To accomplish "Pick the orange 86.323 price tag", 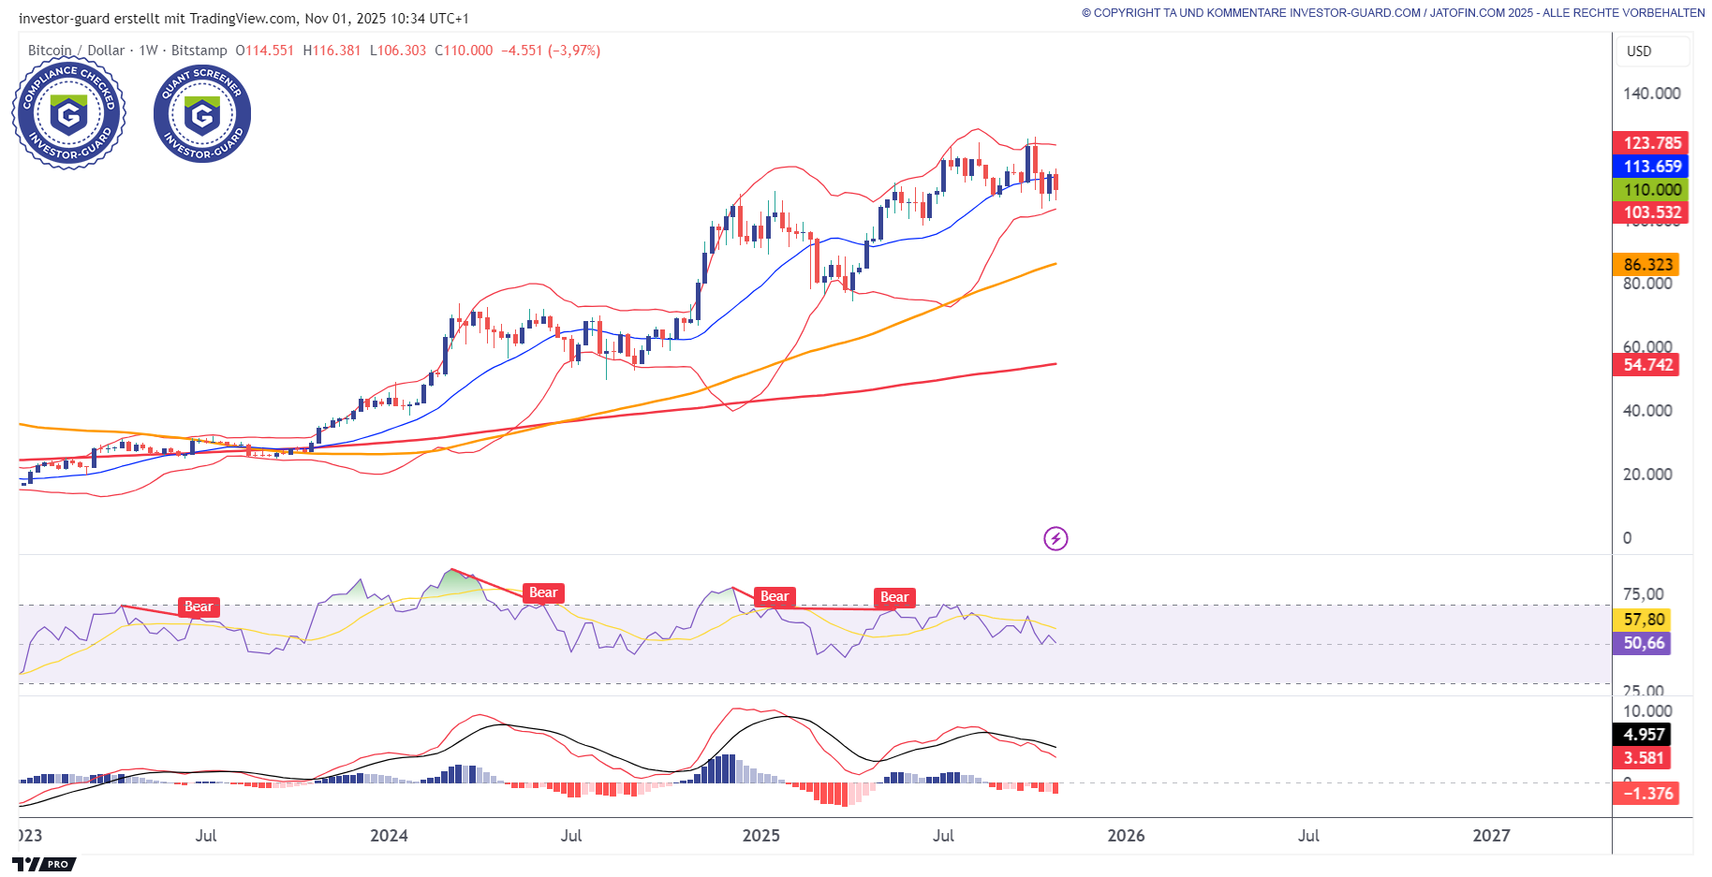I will pyautogui.click(x=1646, y=265).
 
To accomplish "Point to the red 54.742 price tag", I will pyautogui.click(x=1646, y=365).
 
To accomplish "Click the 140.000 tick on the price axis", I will pyautogui.click(x=1651, y=94).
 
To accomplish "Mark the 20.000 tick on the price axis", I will pyautogui.click(x=1646, y=475).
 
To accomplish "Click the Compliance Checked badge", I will pyautogui.click(x=68, y=114).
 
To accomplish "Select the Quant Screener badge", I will pyautogui.click(x=202, y=114).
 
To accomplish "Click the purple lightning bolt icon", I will pyautogui.click(x=1055, y=538).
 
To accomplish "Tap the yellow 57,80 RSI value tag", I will pyautogui.click(x=1644, y=620).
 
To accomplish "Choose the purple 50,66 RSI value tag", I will pyautogui.click(x=1644, y=643).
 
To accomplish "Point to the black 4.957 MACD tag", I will pyautogui.click(x=1644, y=735).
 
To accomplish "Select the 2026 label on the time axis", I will pyautogui.click(x=1126, y=836).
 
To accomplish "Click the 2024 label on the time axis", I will pyautogui.click(x=389, y=836).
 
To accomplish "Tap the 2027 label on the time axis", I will pyautogui.click(x=1491, y=836).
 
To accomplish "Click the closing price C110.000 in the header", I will pyautogui.click(x=464, y=51).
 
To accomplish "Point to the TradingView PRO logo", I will pyautogui.click(x=43, y=864).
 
